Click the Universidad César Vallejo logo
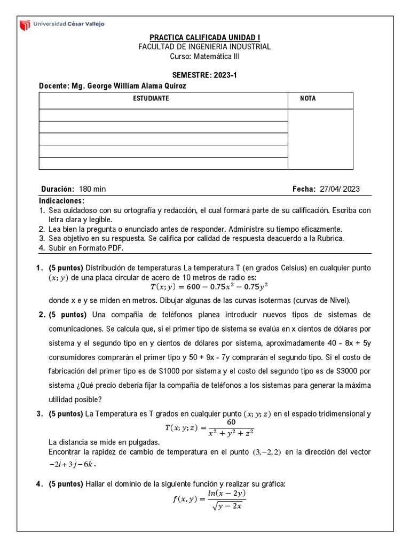(62, 24)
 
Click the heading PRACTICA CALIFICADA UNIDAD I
(204, 37)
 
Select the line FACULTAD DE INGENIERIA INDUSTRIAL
(204, 47)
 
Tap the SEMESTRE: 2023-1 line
(204, 76)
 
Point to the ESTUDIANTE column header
(151, 99)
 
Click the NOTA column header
(308, 99)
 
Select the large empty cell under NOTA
(320, 139)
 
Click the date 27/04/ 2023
(340, 189)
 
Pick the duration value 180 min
(92, 189)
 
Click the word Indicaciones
(62, 200)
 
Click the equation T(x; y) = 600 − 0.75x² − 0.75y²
(204, 287)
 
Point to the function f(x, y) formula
(204, 499)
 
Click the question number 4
(39, 485)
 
